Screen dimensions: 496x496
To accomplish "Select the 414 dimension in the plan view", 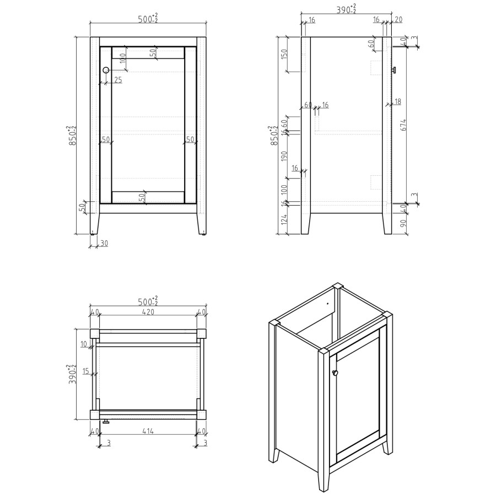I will pyautogui.click(x=147, y=431).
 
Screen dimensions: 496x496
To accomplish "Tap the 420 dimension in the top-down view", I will pyautogui.click(x=147, y=312).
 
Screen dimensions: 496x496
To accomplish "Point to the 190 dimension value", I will pyautogui.click(x=284, y=155).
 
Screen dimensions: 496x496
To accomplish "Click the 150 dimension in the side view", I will pyautogui.click(x=284, y=53).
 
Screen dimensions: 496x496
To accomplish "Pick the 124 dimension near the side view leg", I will pyautogui.click(x=284, y=222).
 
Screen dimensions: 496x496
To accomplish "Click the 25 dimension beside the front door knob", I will pyautogui.click(x=118, y=80).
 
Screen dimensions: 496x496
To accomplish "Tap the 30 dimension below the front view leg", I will pyautogui.click(x=104, y=243).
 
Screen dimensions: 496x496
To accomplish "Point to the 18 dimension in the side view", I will pyautogui.click(x=398, y=101).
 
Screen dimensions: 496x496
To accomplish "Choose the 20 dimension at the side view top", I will pyautogui.click(x=398, y=20).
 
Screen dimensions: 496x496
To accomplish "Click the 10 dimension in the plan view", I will pyautogui.click(x=84, y=344).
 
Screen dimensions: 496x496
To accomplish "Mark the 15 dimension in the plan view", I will pyautogui.click(x=86, y=371).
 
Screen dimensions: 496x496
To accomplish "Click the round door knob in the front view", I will pyautogui.click(x=106, y=70).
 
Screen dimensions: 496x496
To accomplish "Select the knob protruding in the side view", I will pyautogui.click(x=394, y=69).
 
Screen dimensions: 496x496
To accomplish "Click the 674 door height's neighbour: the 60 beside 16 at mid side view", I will pyautogui.click(x=308, y=105).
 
